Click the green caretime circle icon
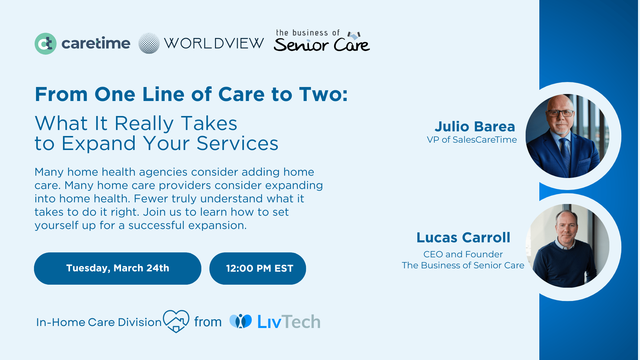pos(45,44)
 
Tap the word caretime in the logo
pos(96,44)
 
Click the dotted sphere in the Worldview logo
pos(149,43)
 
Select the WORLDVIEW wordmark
pos(214,43)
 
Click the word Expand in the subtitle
pos(99,144)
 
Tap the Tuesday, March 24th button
pos(118,268)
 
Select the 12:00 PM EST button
pos(258,268)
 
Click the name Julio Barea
pos(475,127)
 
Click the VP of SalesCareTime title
pos(472,140)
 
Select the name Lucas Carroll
pos(463,238)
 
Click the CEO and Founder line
pos(463,254)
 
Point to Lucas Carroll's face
pos(567,227)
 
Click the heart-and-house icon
pos(176,321)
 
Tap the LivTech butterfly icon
pos(241,321)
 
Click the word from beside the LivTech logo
pos(208,322)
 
